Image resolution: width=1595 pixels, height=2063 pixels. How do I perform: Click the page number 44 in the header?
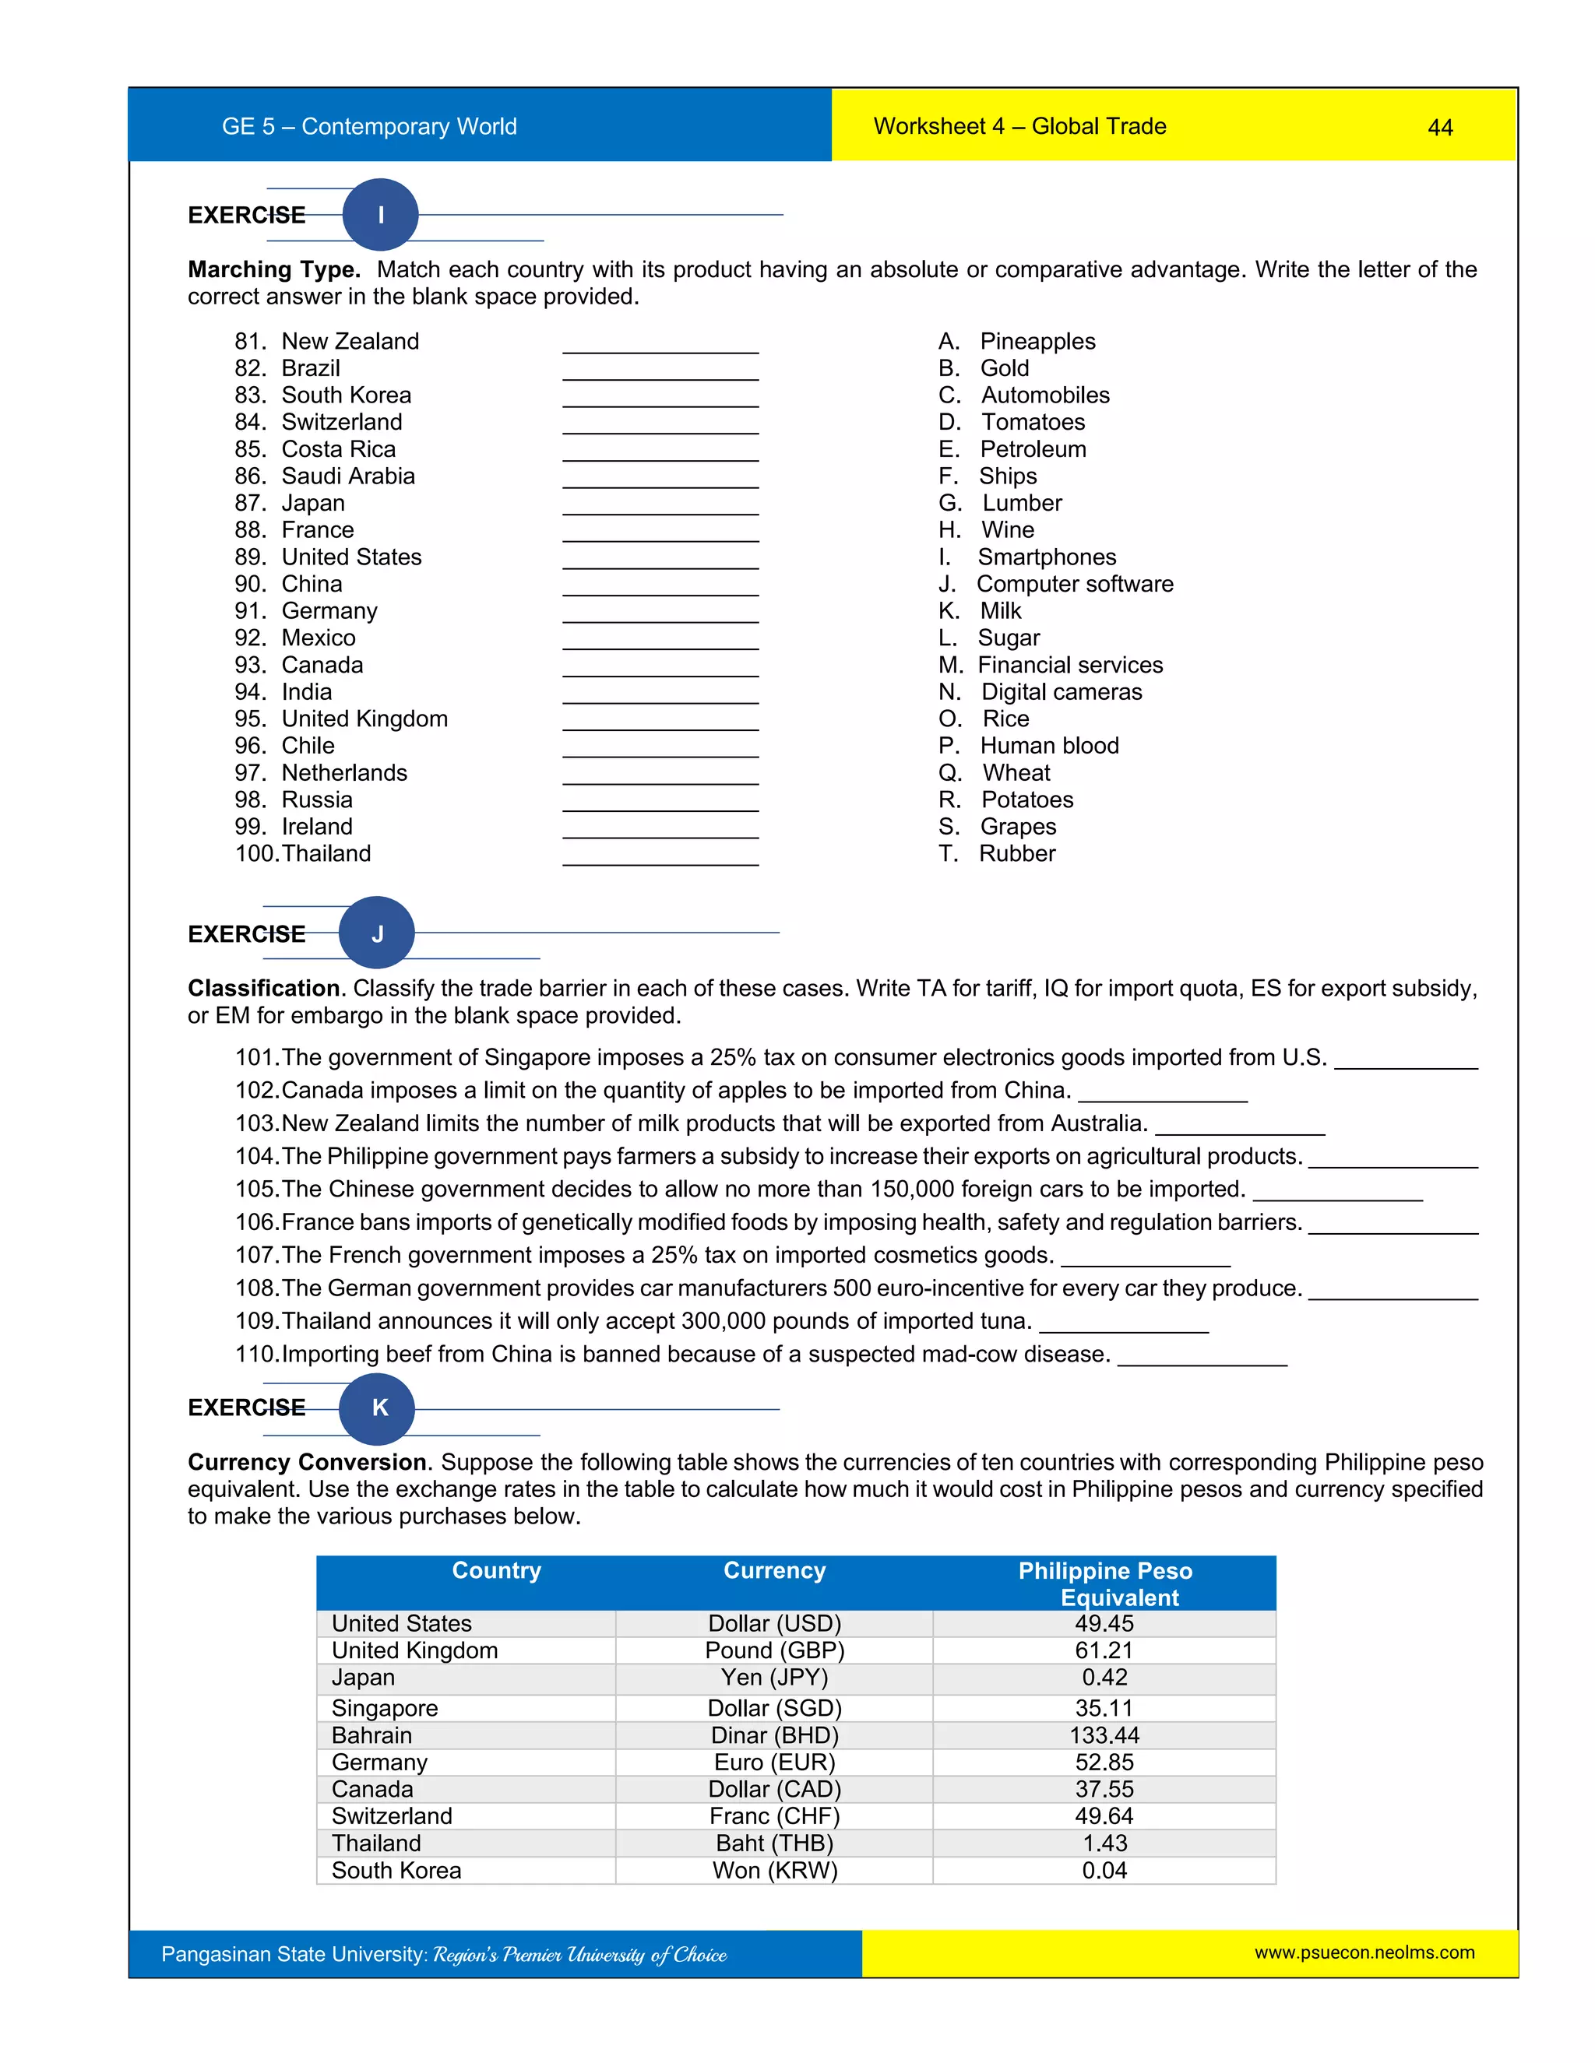1439,128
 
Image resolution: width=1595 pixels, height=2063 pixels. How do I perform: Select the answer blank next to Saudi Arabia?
660,478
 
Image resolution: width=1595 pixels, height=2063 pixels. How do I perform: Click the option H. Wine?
987,530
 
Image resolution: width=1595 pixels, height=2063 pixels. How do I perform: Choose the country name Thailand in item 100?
326,853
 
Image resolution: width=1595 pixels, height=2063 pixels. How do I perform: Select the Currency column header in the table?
774,1570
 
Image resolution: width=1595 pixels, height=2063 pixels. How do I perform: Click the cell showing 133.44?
1104,1735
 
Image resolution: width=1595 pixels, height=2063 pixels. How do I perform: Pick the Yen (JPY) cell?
774,1678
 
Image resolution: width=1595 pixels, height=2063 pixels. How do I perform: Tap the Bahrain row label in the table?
371,1735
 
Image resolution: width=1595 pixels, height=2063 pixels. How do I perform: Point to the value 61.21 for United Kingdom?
1104,1650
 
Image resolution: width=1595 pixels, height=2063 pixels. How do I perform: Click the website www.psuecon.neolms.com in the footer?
1364,1952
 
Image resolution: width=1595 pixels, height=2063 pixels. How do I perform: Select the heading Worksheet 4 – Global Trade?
1019,127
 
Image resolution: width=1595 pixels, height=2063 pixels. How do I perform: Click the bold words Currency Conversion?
307,1462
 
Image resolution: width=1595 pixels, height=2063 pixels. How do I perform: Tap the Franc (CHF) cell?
774,1816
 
